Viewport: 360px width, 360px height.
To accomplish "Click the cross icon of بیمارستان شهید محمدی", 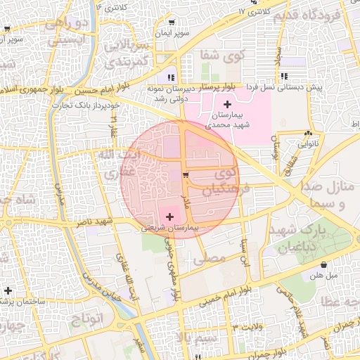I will click(226, 104).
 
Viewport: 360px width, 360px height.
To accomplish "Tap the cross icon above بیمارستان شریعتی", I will click(170, 217).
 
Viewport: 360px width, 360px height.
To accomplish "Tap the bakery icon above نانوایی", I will click(309, 133).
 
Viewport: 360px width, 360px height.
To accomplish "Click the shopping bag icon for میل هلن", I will click(323, 265).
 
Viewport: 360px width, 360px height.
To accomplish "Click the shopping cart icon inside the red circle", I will click(185, 175).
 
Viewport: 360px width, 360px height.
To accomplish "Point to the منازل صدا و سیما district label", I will click(328, 196).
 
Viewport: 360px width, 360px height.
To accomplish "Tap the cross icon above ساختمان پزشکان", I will click(8, 290).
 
